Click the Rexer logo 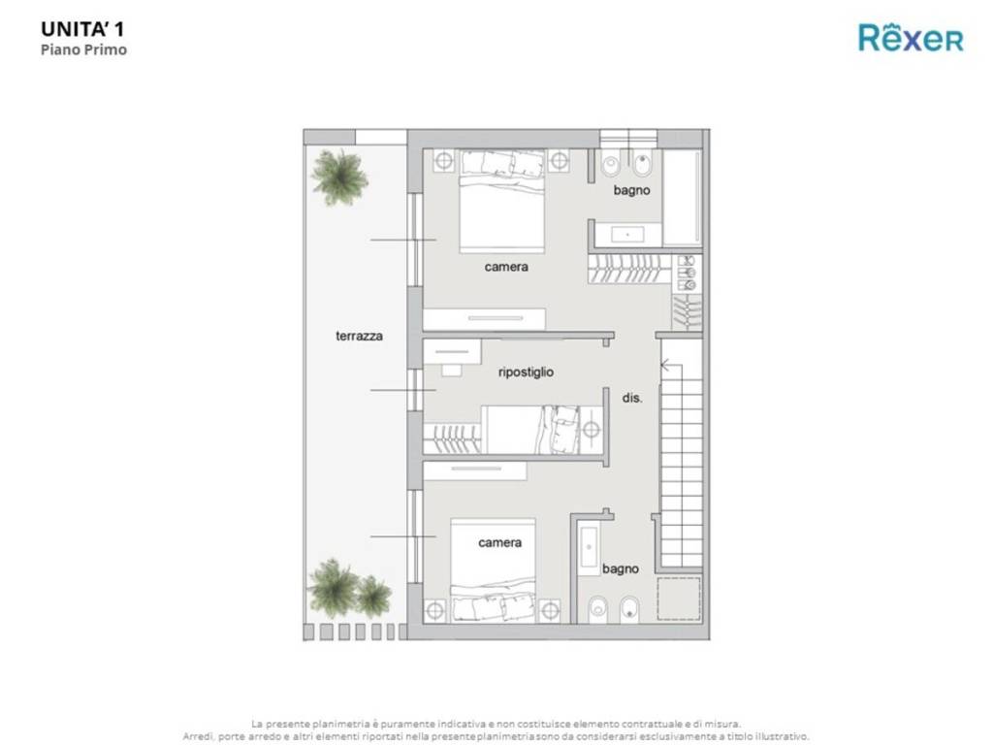[x=911, y=38]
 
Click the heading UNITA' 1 [x=82, y=29]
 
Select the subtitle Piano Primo [x=83, y=49]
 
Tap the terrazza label [x=359, y=336]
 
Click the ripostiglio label [x=526, y=372]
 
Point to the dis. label [x=632, y=398]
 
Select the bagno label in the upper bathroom [x=631, y=190]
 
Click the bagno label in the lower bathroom [x=620, y=568]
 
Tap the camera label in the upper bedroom [x=506, y=267]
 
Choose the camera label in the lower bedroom [x=499, y=542]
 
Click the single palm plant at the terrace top [x=339, y=177]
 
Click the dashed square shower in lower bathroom [x=679, y=599]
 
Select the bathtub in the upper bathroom [x=682, y=197]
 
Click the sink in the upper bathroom [x=627, y=235]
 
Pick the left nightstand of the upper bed [x=444, y=161]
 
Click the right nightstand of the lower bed [x=549, y=611]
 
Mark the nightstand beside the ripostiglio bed [x=591, y=430]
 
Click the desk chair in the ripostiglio [x=452, y=370]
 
